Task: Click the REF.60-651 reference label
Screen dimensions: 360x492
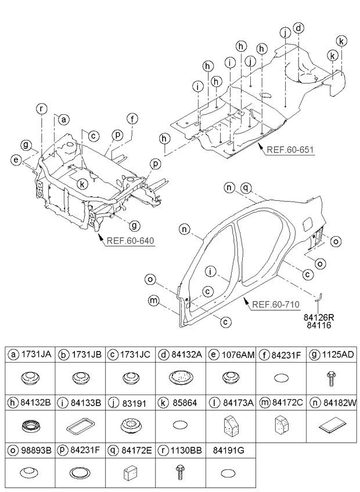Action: [290, 149]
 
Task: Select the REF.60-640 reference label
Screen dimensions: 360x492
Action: [131, 241]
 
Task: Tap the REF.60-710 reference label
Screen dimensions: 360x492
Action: [276, 304]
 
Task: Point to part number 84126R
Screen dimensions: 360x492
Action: [319, 317]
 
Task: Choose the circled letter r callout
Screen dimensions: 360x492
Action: [41, 109]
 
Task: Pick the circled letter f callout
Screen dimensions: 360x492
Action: [132, 119]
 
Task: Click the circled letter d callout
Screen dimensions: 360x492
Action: [298, 28]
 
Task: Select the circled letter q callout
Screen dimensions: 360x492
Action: [246, 187]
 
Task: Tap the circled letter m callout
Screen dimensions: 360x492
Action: [154, 301]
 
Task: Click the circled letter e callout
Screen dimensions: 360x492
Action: [15, 160]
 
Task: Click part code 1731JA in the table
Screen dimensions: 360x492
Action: [36, 354]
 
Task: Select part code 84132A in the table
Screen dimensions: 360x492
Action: [187, 354]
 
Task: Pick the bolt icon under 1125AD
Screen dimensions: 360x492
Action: [330, 378]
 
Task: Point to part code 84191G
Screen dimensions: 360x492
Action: [228, 450]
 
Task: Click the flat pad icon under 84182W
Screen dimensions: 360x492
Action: [332, 426]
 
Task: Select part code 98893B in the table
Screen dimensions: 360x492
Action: [36, 450]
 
